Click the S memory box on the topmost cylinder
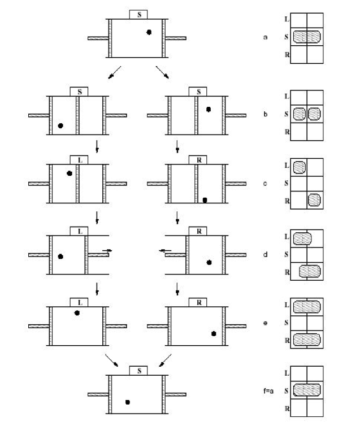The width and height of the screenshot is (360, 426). pyautogui.click(x=137, y=14)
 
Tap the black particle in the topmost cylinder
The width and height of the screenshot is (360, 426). pyautogui.click(x=149, y=32)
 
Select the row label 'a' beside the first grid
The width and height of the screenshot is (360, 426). pyautogui.click(x=265, y=37)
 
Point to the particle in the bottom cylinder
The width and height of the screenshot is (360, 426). pyautogui.click(x=128, y=402)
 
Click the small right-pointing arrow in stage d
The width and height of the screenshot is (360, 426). pyautogui.click(x=107, y=249)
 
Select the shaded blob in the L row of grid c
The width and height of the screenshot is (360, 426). pyautogui.click(x=300, y=167)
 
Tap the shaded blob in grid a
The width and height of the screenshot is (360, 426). pyautogui.click(x=307, y=37)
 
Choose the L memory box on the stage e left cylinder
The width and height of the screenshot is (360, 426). pyautogui.click(x=79, y=302)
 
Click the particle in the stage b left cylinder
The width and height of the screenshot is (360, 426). pyautogui.click(x=60, y=125)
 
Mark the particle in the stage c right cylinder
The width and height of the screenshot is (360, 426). pyautogui.click(x=205, y=199)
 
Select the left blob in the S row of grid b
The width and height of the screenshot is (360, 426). pyautogui.click(x=300, y=114)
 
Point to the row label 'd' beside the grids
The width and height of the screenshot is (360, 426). pyautogui.click(x=265, y=254)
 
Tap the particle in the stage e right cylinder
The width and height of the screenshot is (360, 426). pyautogui.click(x=213, y=333)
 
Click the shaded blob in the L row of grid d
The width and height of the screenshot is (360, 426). pyautogui.click(x=302, y=238)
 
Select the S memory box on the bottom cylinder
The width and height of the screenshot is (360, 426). pyautogui.click(x=138, y=370)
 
